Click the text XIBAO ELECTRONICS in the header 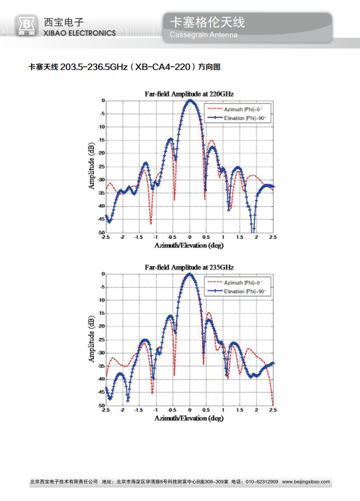click(79, 33)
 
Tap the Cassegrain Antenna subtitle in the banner click(203, 35)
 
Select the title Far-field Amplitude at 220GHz click(189, 93)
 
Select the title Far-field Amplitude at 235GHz click(189, 266)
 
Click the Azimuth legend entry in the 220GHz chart click(241, 108)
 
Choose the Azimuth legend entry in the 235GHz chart click(241, 282)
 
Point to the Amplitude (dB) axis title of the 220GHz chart click(92, 165)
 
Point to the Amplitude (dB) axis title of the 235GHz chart click(92, 339)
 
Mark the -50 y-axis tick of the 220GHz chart click(100, 233)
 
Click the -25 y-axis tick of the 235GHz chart click(100, 339)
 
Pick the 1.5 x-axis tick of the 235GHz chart click(240, 411)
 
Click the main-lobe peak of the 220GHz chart click(190, 101)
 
